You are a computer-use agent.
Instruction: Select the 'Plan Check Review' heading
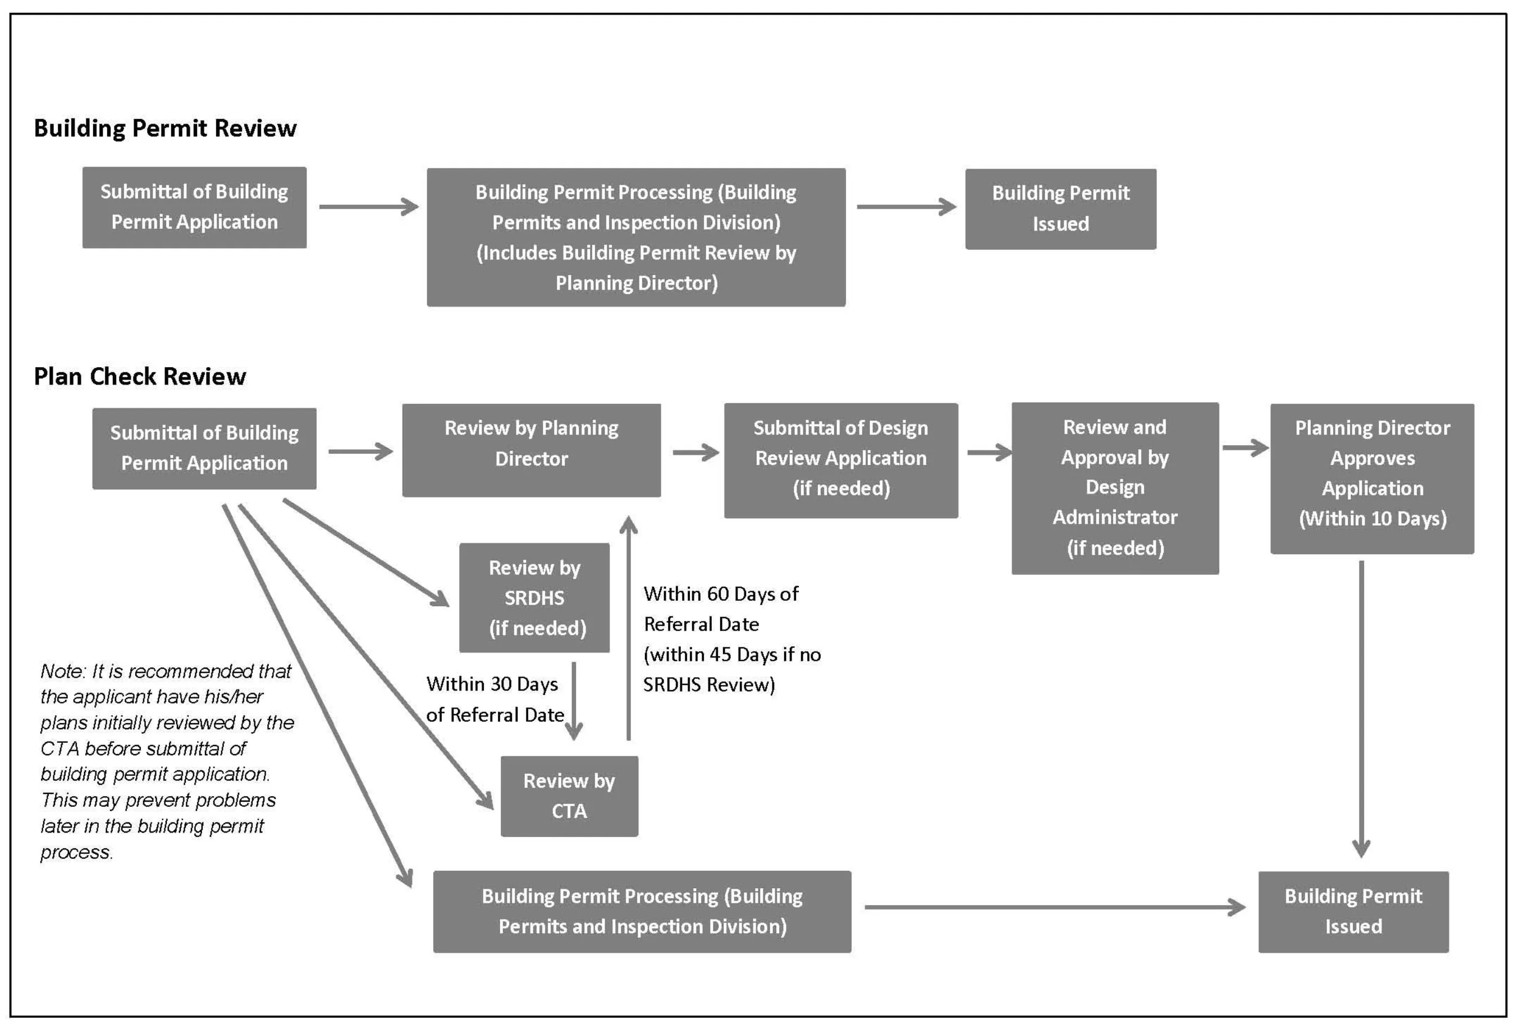pos(140,376)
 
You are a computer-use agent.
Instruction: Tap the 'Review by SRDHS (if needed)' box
pos(534,597)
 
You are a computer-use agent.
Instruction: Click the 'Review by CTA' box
pos(569,796)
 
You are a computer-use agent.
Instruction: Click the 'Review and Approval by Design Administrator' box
pos(1114,487)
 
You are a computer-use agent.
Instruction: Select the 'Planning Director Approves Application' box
pos(1371,478)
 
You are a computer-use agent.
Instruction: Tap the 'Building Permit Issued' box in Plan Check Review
pos(1353,911)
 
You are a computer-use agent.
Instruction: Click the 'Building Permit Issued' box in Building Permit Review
pos(1060,208)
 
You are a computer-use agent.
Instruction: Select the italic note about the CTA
pos(167,761)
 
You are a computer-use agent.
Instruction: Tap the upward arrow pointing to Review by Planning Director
pos(628,627)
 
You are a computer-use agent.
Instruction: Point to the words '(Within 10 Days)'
pos(1372,519)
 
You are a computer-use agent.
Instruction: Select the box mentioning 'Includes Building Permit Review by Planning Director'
pos(635,237)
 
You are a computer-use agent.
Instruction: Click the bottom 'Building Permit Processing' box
pos(641,911)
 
